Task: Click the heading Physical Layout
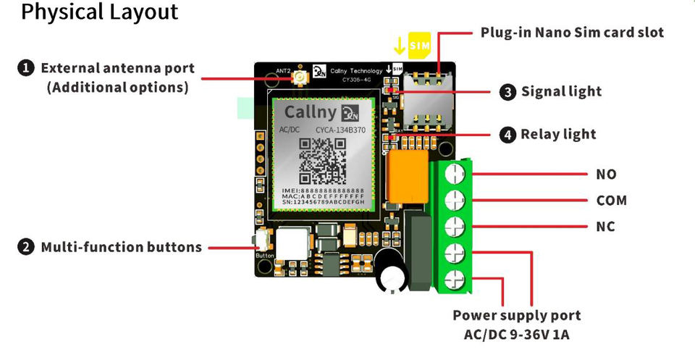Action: [100, 13]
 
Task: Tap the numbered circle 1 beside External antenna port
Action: [26, 68]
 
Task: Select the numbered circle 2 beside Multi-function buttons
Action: [26, 247]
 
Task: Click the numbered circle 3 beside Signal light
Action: [508, 91]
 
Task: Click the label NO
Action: [606, 174]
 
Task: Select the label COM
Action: [611, 200]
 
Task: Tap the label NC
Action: [606, 227]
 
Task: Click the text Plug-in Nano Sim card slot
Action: [572, 33]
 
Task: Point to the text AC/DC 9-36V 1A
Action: [516, 335]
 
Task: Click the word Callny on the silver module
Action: [311, 112]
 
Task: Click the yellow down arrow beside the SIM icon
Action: [399, 45]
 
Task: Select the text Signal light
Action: [561, 91]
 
